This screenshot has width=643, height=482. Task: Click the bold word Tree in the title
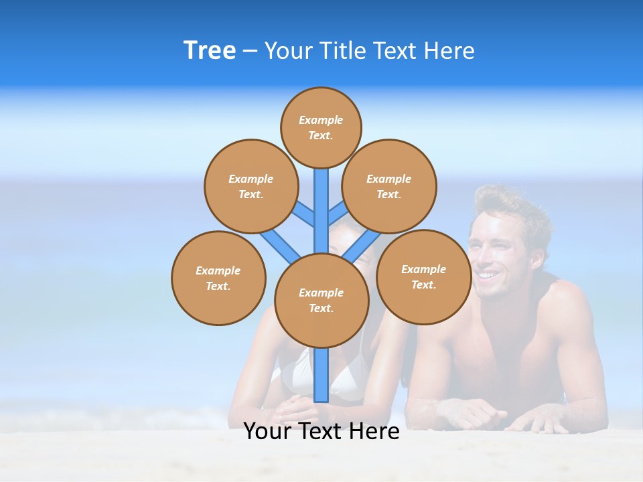click(210, 51)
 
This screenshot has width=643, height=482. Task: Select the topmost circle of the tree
click(321, 127)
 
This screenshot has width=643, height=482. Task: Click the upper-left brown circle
click(251, 186)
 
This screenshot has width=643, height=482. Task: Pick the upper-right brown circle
click(389, 186)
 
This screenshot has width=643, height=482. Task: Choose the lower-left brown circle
click(218, 278)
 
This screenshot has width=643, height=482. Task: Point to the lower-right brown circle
click(423, 276)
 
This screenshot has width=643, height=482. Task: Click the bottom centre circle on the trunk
click(321, 301)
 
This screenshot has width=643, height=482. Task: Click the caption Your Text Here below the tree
click(321, 432)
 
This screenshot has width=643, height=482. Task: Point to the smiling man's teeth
click(489, 274)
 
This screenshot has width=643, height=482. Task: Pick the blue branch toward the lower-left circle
click(279, 244)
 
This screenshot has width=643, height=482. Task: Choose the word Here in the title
click(451, 51)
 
